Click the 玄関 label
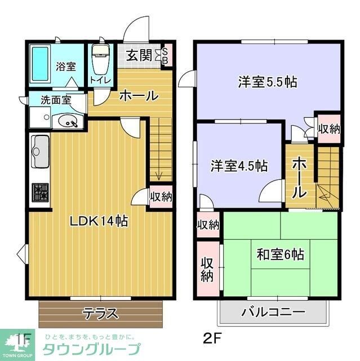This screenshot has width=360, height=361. point(137,56)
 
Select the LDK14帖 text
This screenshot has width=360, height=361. point(99,221)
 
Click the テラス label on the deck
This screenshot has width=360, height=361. point(100,312)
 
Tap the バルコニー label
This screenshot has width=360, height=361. point(273,312)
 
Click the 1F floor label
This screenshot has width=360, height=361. point(22,339)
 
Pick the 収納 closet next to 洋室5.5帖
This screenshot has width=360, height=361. point(329,128)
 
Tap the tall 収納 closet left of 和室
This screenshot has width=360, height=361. point(207,268)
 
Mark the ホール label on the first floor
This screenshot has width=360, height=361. point(138,95)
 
